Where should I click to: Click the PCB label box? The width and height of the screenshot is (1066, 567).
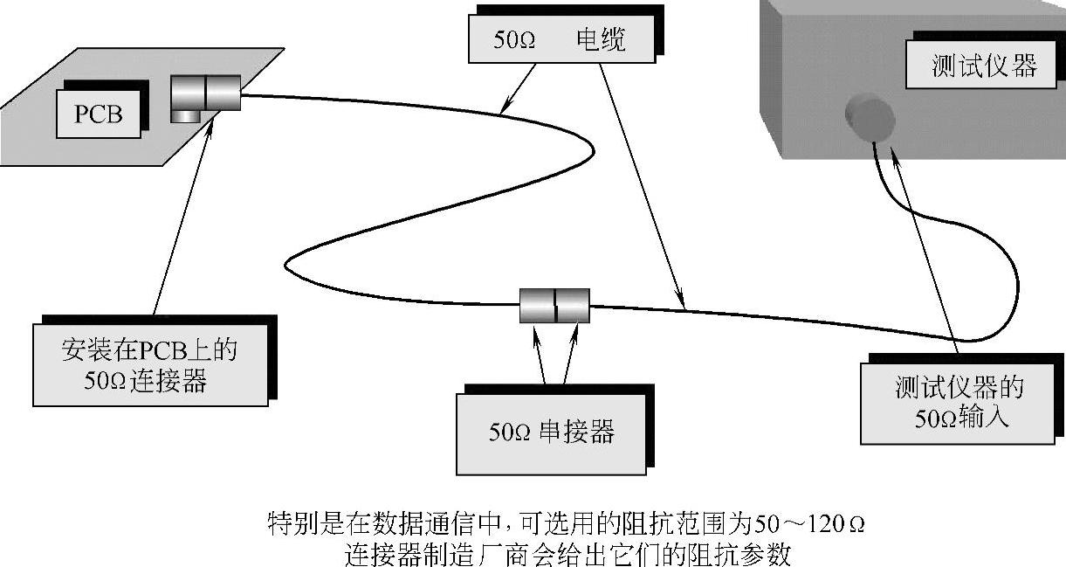[x=98, y=114]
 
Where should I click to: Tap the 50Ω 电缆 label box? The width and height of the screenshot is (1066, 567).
[x=559, y=40]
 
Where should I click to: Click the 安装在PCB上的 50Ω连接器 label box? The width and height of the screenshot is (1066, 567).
[x=149, y=364]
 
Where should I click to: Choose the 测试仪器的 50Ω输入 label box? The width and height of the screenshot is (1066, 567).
[x=959, y=402]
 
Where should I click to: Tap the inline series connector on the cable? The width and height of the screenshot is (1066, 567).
[x=554, y=305]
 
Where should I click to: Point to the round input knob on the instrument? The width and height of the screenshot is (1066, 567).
[x=870, y=117]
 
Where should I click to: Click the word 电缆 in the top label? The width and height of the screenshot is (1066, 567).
[x=601, y=40]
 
